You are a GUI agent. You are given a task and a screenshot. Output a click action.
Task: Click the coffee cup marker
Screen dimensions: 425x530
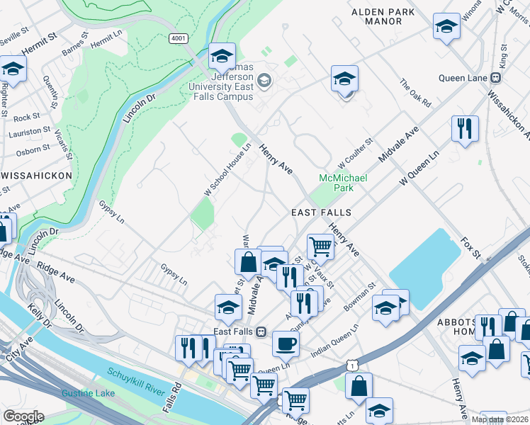(x=286, y=344)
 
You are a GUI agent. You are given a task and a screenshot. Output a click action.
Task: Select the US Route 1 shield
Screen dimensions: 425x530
(x=351, y=363)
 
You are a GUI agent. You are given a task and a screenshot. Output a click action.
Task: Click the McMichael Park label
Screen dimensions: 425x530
(x=344, y=183)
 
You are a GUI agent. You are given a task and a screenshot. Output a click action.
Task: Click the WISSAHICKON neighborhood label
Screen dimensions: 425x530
(x=36, y=175)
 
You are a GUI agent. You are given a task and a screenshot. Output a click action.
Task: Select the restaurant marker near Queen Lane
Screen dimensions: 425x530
(x=465, y=129)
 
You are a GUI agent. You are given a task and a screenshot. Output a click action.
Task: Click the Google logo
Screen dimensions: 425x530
(x=23, y=416)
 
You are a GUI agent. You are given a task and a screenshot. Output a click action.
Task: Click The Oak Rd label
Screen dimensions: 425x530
(x=415, y=93)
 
